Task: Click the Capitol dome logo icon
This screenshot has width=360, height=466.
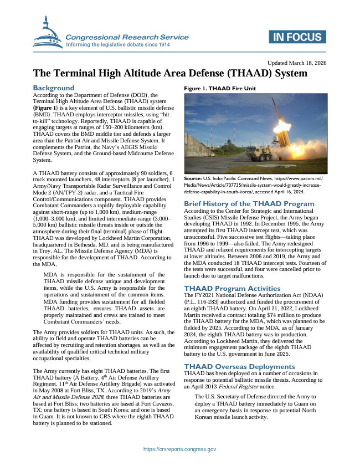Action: coord(48,33)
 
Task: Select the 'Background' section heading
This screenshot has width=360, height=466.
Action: coord(53,88)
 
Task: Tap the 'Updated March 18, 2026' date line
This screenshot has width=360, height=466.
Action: coord(296,63)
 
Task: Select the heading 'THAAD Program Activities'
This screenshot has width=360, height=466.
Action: coord(232,288)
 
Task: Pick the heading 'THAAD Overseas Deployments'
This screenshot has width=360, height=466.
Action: coord(239,366)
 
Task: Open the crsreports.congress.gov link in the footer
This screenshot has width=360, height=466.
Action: coord(179,449)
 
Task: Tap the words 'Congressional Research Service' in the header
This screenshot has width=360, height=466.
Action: coord(127,37)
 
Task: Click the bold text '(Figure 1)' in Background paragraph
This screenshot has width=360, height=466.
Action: coord(49,108)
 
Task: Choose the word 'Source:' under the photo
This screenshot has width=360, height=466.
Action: coord(193,178)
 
